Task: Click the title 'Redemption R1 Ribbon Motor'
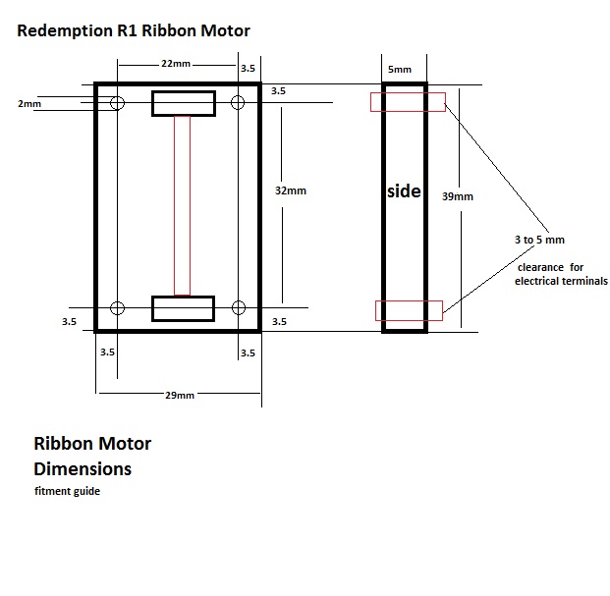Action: [x=134, y=30]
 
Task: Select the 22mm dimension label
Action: [x=177, y=63]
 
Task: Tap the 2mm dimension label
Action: [x=28, y=103]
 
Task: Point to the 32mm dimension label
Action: [x=291, y=190]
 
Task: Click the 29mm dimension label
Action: [x=179, y=395]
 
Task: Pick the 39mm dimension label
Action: [x=457, y=196]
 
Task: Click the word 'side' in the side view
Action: [x=404, y=191]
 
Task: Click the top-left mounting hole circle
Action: [x=118, y=103]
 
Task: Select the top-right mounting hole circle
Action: [x=237, y=103]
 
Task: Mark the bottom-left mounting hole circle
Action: [x=118, y=308]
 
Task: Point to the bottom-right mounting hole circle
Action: [x=237, y=308]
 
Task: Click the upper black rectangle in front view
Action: [x=183, y=103]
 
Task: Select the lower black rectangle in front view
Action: [x=183, y=308]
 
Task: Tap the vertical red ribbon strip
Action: [x=182, y=205]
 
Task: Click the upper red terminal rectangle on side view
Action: [x=408, y=102]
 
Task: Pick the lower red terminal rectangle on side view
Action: [x=409, y=310]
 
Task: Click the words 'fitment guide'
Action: [x=67, y=492]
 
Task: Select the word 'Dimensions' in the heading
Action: [x=83, y=468]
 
